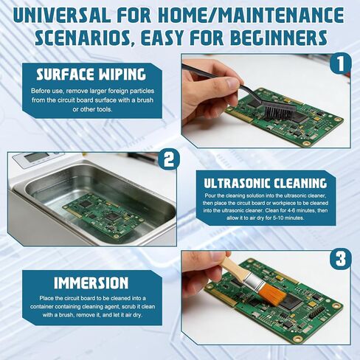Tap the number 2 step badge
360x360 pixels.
[x=169, y=158]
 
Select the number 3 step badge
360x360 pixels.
[x=338, y=260]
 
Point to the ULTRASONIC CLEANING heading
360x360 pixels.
[x=266, y=182]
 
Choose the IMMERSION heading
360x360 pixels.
[x=92, y=283]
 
